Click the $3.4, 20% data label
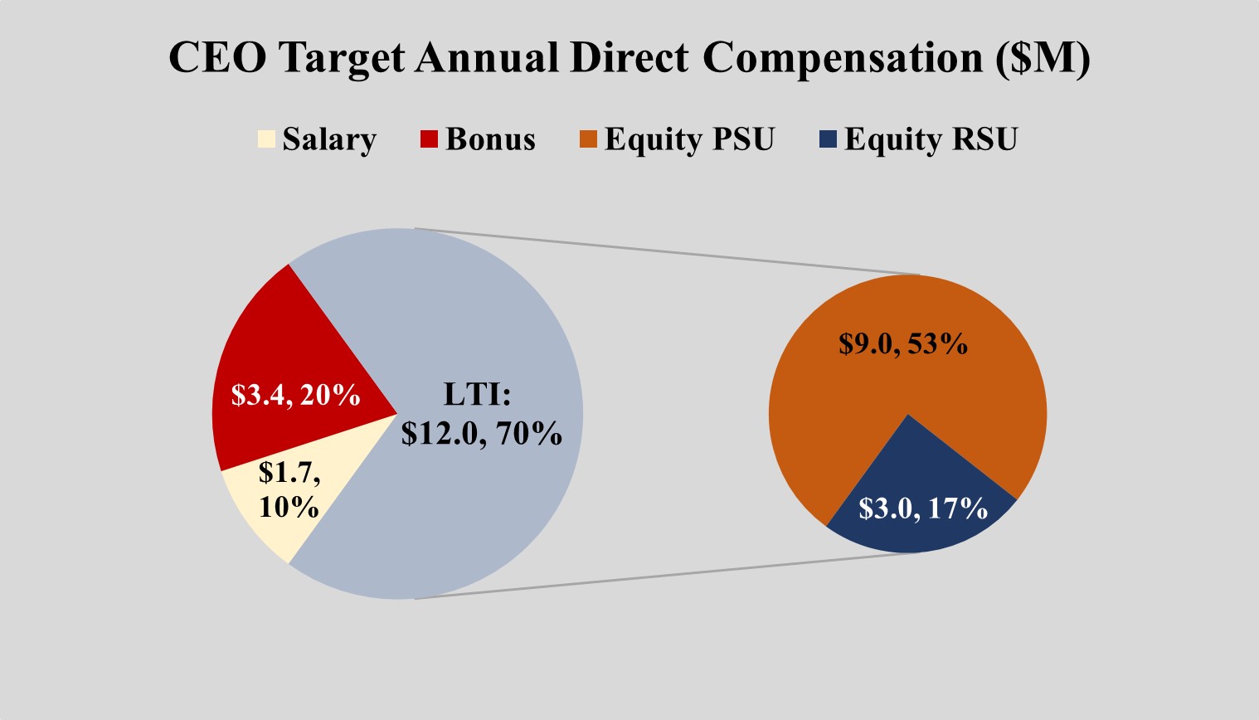tap(295, 396)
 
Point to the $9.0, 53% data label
tap(902, 343)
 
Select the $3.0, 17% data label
tap(922, 508)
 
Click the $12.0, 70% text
tap(481, 433)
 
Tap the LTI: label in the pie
tap(477, 394)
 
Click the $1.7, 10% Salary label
tap(289, 489)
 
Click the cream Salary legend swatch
tap(265, 139)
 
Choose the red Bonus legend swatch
tap(429, 139)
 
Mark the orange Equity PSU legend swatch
tap(587, 139)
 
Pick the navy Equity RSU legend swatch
tap(827, 139)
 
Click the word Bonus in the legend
tap(490, 139)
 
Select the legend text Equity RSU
tap(931, 139)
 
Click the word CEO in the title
tap(217, 58)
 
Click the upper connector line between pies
tap(664, 251)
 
